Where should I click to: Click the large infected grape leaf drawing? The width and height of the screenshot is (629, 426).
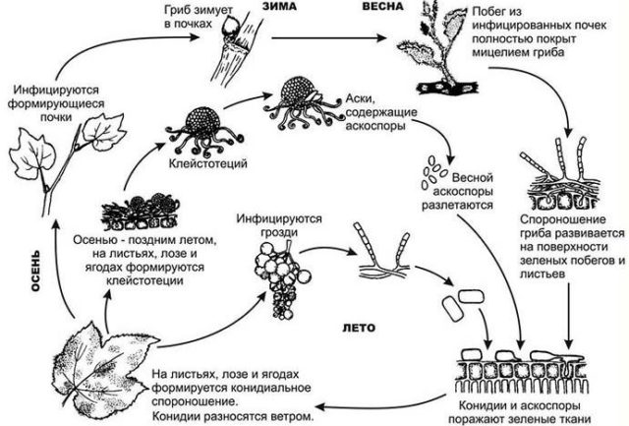point(98,363)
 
